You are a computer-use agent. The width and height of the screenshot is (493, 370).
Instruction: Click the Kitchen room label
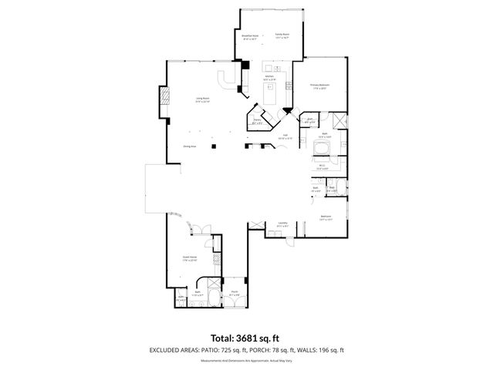270,77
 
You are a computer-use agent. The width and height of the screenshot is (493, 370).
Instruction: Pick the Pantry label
258,121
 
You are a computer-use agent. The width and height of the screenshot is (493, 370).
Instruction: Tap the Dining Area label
189,146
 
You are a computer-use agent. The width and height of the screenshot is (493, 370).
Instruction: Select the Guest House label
189,261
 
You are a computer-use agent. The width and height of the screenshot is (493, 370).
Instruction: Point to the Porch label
235,292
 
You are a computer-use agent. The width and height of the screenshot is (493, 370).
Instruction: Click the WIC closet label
321,165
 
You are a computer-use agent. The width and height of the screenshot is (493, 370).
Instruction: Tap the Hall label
284,137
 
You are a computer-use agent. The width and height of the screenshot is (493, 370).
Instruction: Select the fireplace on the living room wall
164,97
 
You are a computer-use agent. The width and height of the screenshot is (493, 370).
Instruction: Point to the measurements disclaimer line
246,360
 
